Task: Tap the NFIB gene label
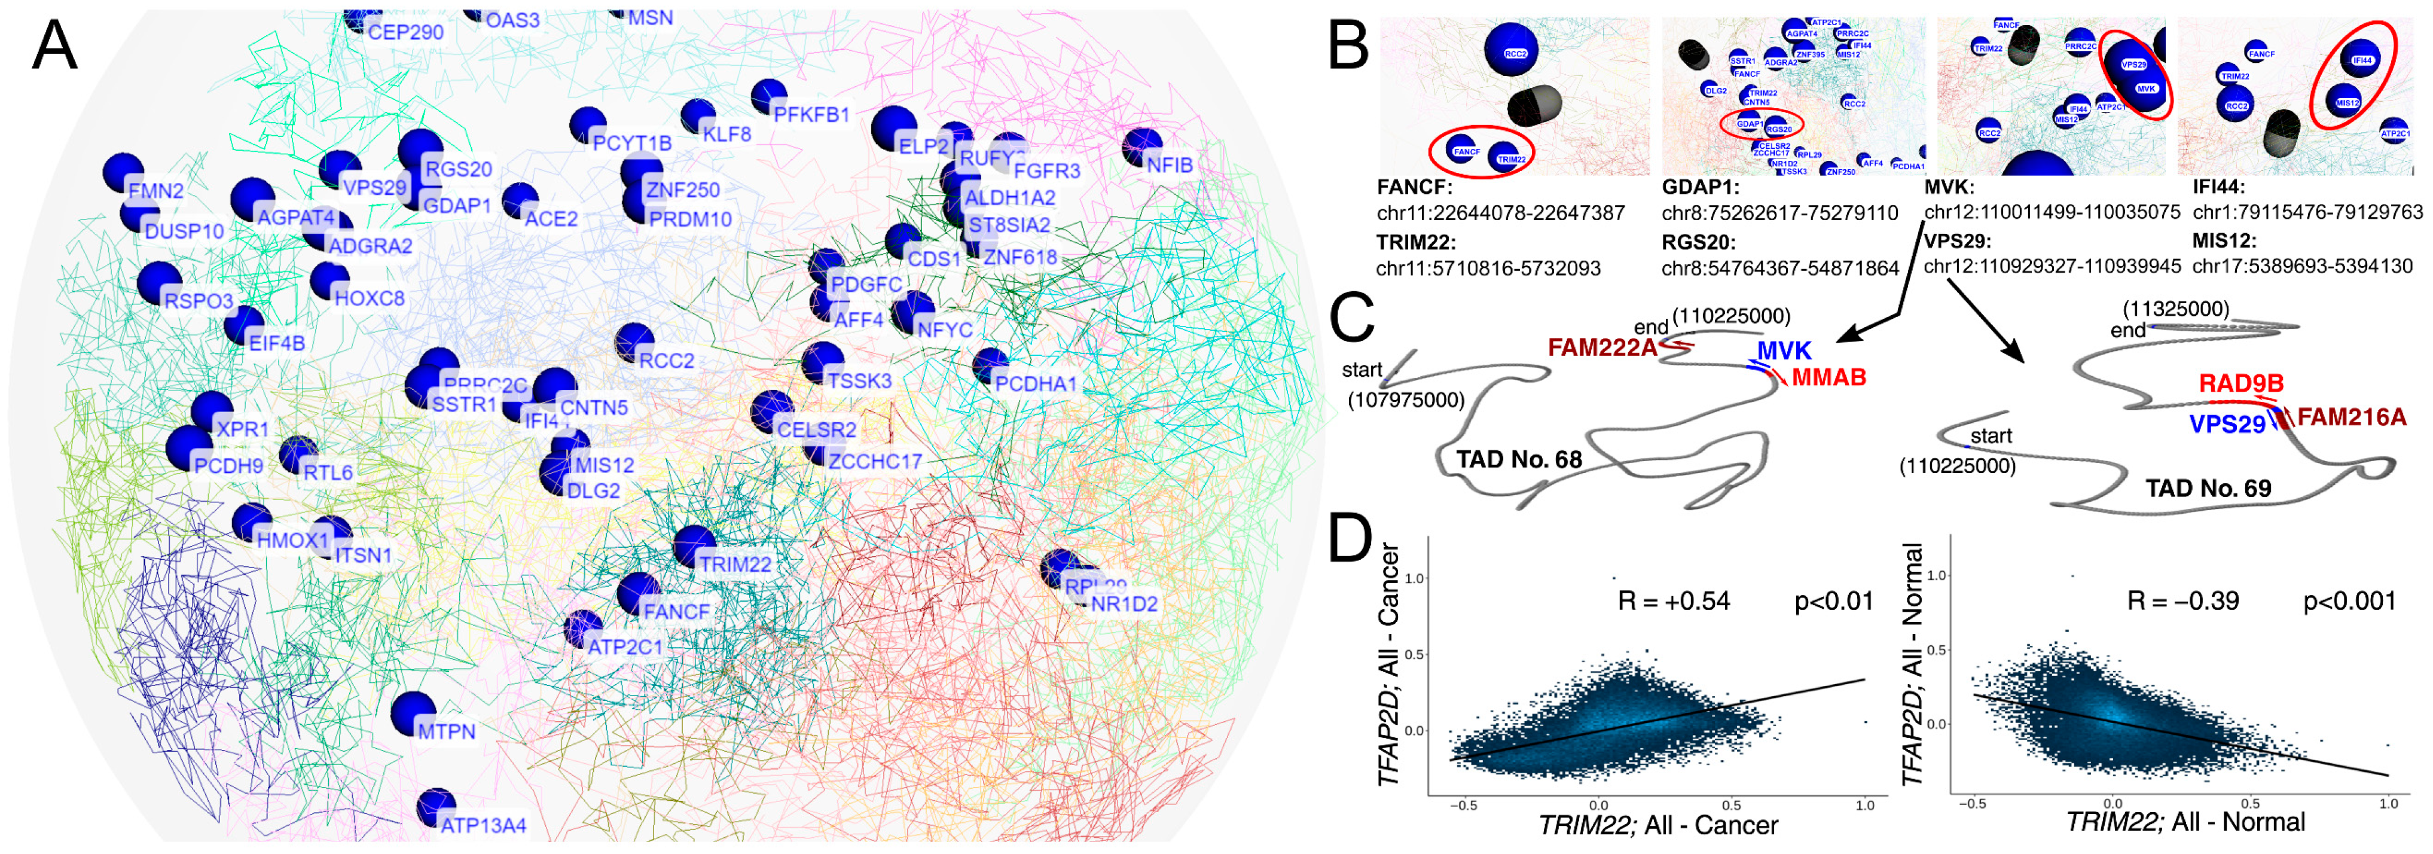pyautogui.click(x=1170, y=165)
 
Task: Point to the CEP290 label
pyautogui.click(x=405, y=32)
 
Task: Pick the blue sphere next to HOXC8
pyautogui.click(x=329, y=280)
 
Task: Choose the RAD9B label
pyautogui.click(x=2241, y=383)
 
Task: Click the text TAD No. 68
pyautogui.click(x=1519, y=460)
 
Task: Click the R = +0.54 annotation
pyautogui.click(x=1674, y=601)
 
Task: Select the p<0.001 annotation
pyautogui.click(x=2349, y=601)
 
